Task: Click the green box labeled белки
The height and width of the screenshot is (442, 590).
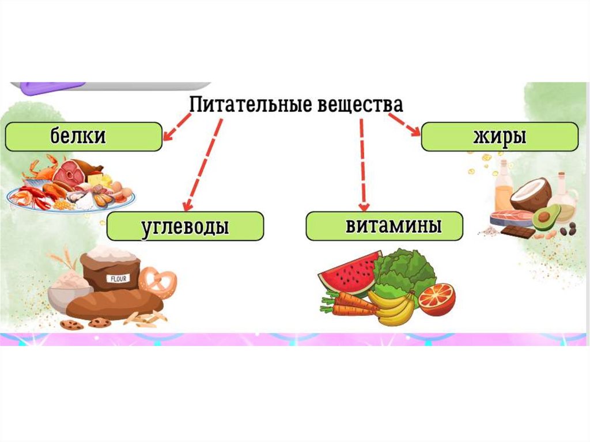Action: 84,137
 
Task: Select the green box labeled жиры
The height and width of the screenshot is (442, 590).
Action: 500,137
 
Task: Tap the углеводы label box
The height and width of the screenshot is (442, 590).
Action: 185,226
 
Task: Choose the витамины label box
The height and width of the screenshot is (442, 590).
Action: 384,225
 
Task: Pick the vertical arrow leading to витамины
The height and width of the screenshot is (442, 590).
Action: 362,164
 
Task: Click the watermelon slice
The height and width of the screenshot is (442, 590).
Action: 349,273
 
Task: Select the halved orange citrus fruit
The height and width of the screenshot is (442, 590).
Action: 437,299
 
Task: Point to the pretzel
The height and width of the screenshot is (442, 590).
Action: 157,282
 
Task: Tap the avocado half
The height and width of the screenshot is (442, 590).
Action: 545,218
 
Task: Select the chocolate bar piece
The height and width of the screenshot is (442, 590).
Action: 517,232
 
